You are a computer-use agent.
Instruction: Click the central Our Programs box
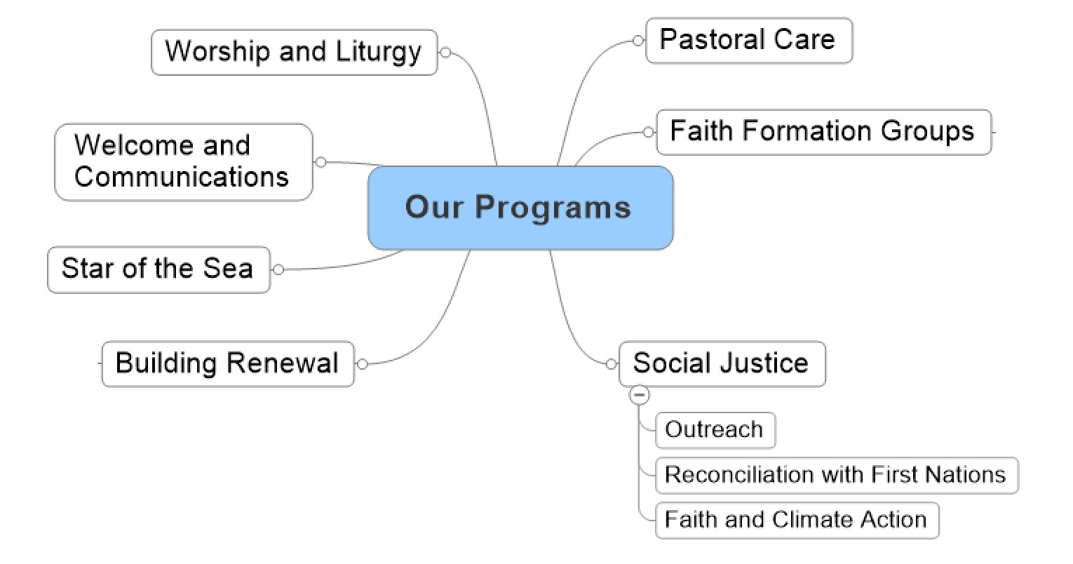pyautogui.click(x=520, y=208)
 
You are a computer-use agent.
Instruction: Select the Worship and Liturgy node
pyautogui.click(x=294, y=52)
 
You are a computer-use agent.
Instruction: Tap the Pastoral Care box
pyautogui.click(x=749, y=40)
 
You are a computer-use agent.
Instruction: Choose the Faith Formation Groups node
pyautogui.click(x=824, y=133)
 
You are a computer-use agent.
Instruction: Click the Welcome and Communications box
pyautogui.click(x=184, y=162)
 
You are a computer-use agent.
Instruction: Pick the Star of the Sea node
pyautogui.click(x=158, y=269)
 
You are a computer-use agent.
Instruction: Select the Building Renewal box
pyautogui.click(x=228, y=363)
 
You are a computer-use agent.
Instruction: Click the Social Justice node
pyautogui.click(x=722, y=363)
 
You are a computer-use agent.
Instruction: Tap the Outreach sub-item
pyautogui.click(x=715, y=430)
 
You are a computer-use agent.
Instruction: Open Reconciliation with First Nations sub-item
pyautogui.click(x=837, y=476)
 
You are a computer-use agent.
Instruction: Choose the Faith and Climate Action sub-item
pyautogui.click(x=797, y=521)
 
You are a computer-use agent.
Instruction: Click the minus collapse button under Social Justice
pyautogui.click(x=640, y=395)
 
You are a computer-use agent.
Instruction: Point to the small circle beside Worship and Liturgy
pyautogui.click(x=445, y=52)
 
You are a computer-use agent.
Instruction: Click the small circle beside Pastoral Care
pyautogui.click(x=637, y=41)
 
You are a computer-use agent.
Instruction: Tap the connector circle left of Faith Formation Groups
pyautogui.click(x=648, y=133)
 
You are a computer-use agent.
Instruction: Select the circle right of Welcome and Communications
pyautogui.click(x=321, y=163)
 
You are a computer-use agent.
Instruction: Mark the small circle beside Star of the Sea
pyautogui.click(x=278, y=270)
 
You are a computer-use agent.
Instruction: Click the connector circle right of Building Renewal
pyautogui.click(x=363, y=364)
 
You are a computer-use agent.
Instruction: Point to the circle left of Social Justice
pyautogui.click(x=611, y=364)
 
